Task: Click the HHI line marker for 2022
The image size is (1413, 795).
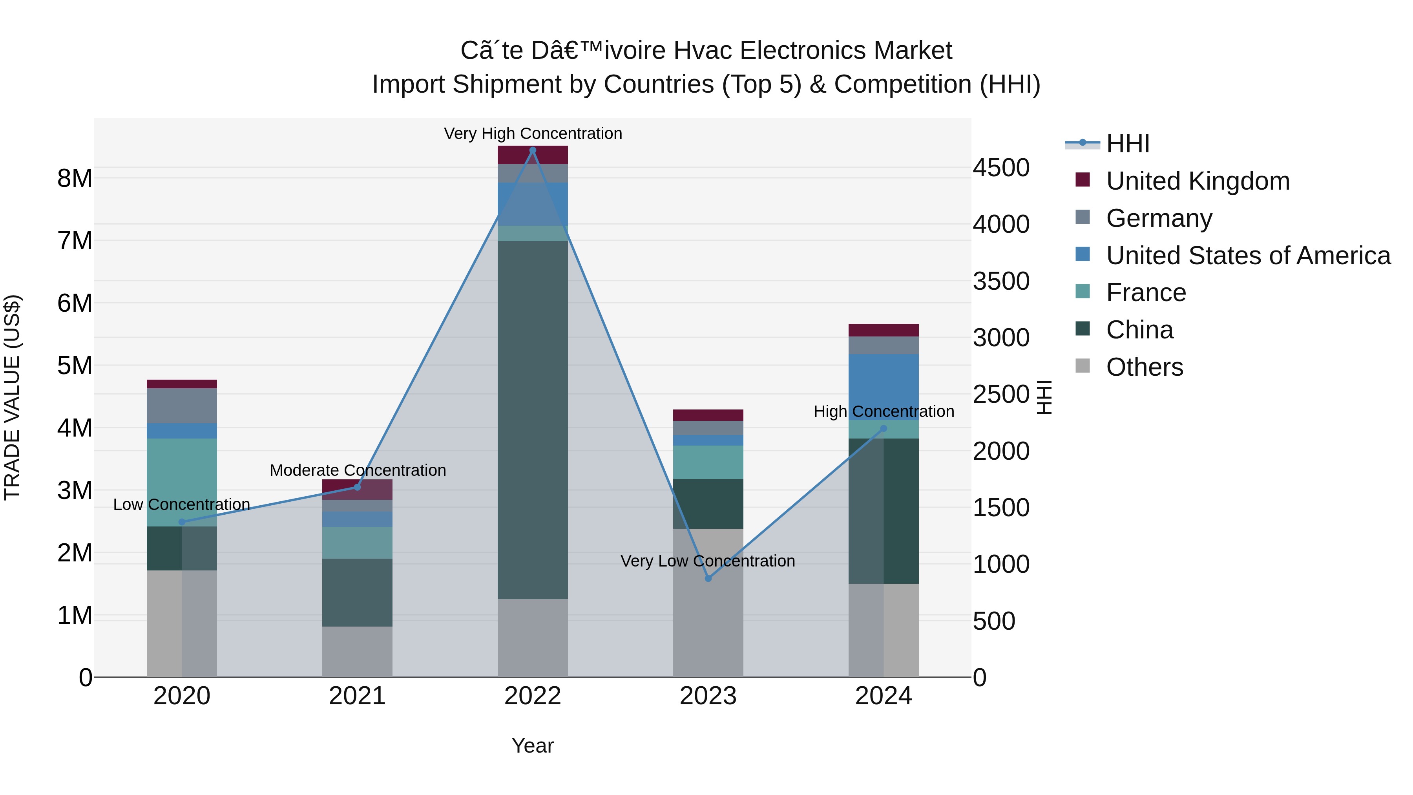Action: pos(533,150)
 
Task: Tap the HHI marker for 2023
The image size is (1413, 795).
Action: pos(708,578)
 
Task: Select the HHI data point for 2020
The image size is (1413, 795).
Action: pos(182,522)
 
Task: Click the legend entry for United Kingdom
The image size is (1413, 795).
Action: pos(1198,181)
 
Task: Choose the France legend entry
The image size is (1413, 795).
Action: pos(1146,292)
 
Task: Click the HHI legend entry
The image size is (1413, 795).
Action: pos(1127,144)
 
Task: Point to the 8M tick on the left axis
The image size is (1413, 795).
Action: pos(75,178)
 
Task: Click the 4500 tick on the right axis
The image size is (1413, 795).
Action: pos(1001,168)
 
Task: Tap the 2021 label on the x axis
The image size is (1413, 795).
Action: pos(357,696)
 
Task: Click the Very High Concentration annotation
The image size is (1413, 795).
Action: pos(533,133)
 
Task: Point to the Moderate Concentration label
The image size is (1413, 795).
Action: pos(358,470)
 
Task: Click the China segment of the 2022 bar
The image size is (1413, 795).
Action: pos(533,420)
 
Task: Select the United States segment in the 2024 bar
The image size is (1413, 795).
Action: pos(883,387)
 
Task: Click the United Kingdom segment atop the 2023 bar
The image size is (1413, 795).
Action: pos(708,415)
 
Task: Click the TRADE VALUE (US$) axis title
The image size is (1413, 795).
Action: pos(12,397)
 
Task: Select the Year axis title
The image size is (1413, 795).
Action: pos(533,746)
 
